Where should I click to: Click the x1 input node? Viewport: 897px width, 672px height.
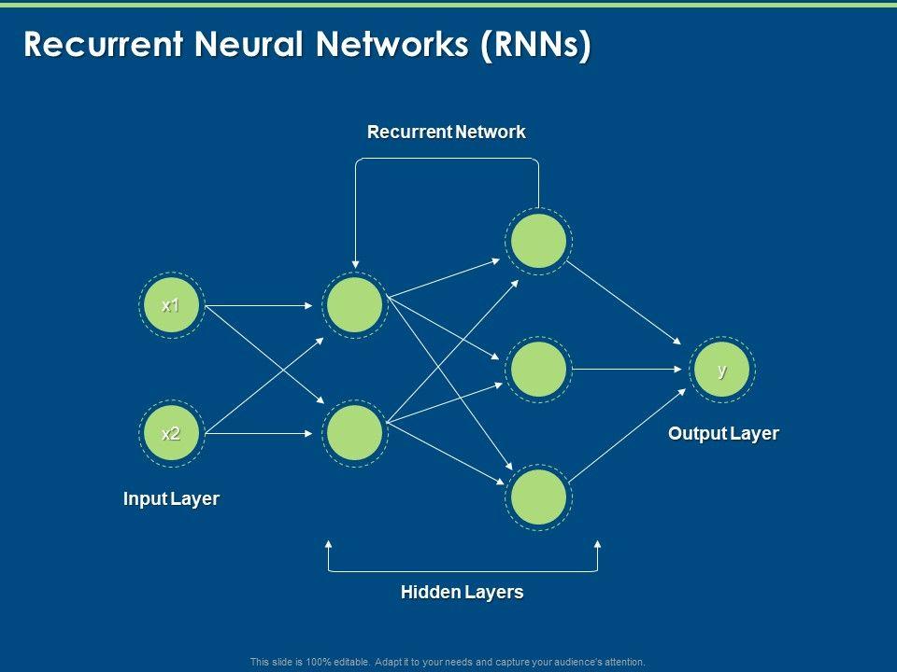click(x=170, y=305)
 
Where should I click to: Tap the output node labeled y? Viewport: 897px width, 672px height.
click(x=721, y=370)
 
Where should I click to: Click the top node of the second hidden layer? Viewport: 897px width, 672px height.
click(x=538, y=241)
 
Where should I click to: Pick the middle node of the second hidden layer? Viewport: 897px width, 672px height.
click(x=538, y=370)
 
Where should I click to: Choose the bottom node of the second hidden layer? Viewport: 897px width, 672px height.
click(x=538, y=497)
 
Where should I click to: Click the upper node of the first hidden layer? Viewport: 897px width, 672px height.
click(x=354, y=305)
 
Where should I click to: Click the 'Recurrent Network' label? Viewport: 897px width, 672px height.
click(x=446, y=133)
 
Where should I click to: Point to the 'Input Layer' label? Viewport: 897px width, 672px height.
click(x=171, y=499)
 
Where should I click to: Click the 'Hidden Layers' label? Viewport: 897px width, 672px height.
click(x=462, y=592)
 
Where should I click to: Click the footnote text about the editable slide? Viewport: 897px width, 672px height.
click(x=448, y=662)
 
